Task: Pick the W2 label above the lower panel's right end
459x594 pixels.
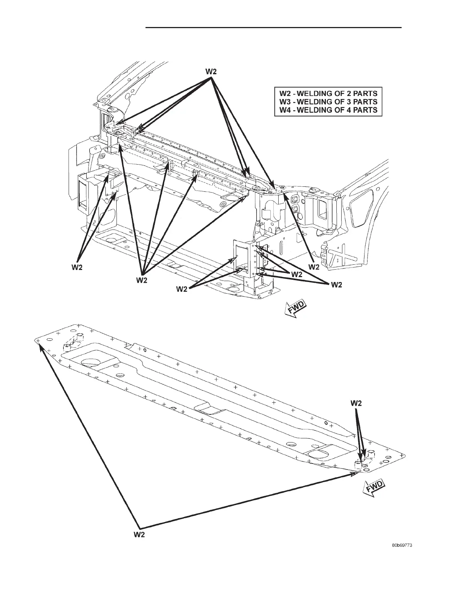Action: [x=356, y=403]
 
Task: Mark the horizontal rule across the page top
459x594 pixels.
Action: [x=273, y=27]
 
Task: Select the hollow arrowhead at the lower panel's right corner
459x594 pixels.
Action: [x=354, y=474]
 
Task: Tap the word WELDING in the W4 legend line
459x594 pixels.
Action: [x=318, y=110]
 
